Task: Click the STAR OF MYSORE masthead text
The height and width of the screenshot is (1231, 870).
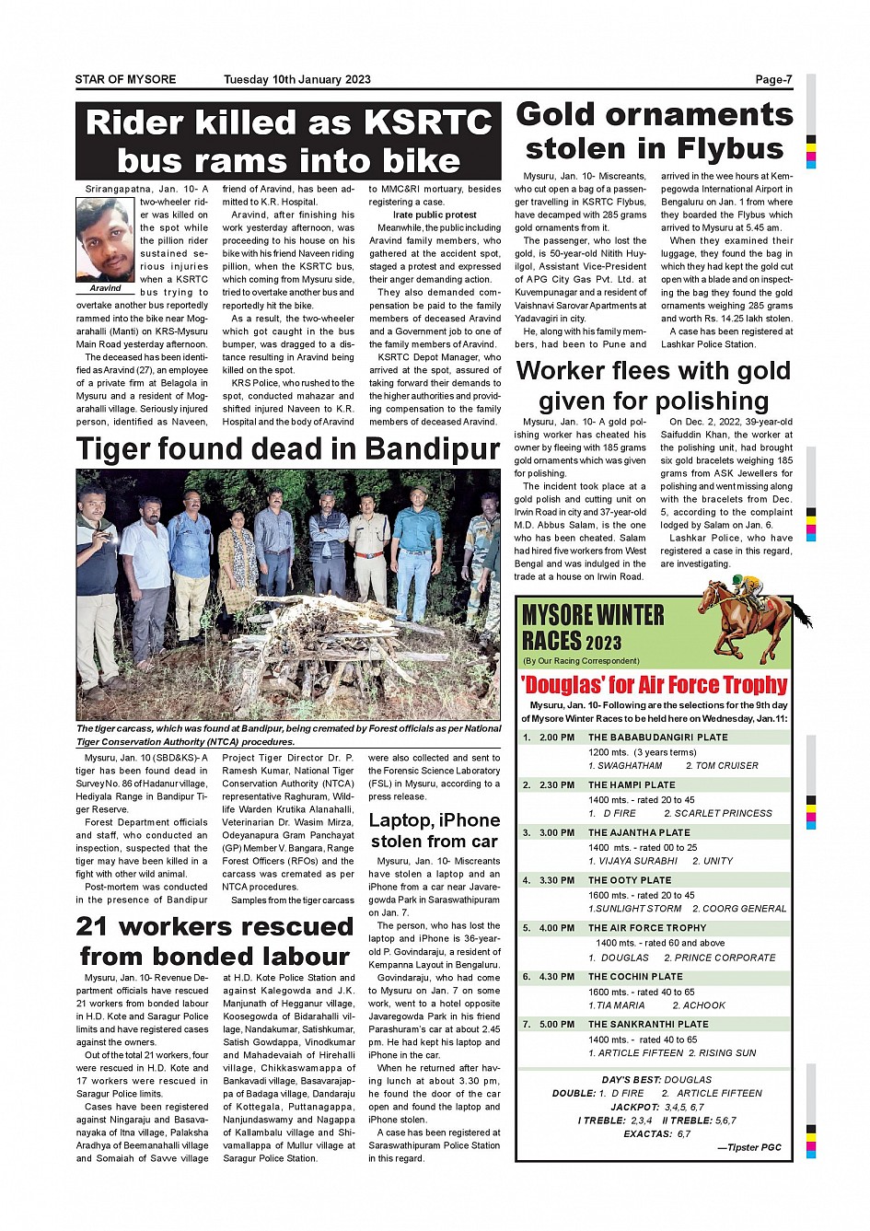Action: [125, 79]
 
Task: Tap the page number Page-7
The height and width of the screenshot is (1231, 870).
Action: [773, 79]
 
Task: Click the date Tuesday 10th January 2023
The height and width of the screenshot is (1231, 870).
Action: [296, 79]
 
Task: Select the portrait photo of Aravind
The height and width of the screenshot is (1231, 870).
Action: [105, 239]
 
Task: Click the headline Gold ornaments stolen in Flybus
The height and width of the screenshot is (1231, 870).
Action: [654, 132]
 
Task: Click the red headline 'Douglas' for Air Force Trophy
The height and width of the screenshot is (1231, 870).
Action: [654, 685]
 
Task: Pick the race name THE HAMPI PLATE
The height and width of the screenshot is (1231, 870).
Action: [632, 785]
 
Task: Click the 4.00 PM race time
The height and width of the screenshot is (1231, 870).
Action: [557, 928]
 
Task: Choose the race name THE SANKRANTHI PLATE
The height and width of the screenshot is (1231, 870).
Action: [648, 1024]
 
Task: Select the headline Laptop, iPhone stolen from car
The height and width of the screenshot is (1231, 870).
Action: [435, 830]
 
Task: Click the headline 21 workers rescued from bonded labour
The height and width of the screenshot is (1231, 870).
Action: [215, 941]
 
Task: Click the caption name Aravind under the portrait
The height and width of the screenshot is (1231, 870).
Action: [105, 288]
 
